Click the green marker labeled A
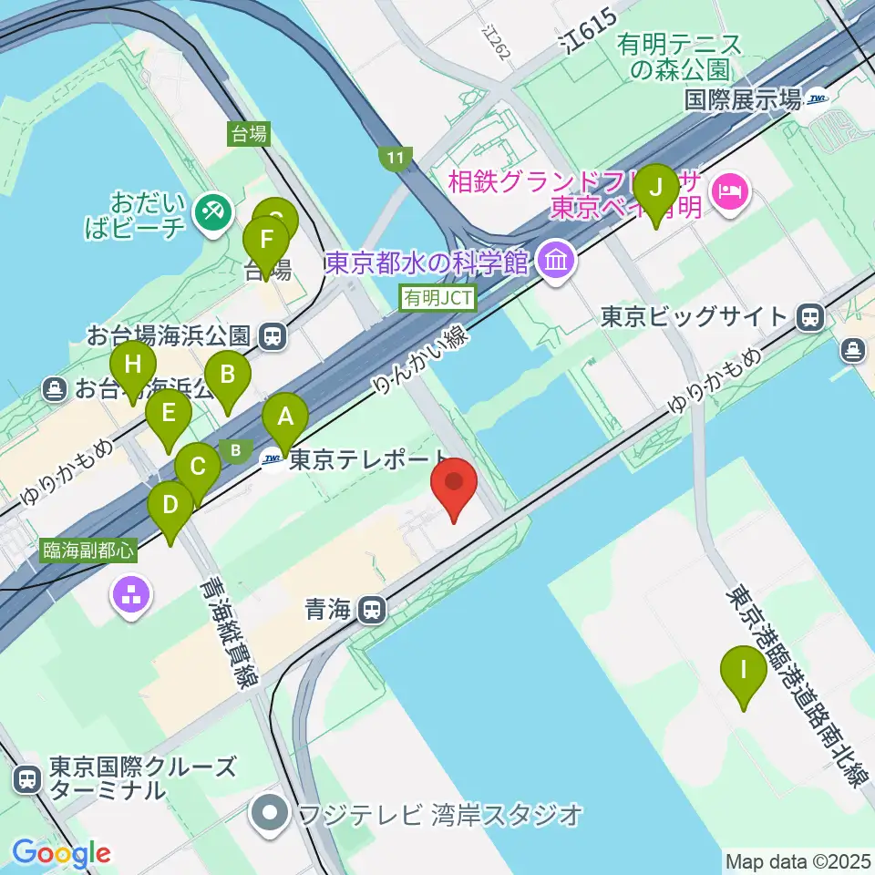(284, 418)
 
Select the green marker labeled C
(197, 468)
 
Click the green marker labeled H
(133, 366)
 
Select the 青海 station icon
(370, 610)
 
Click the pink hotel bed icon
(731, 190)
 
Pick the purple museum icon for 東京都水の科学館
(555, 262)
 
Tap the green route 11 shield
(394, 159)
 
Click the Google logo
(61, 853)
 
